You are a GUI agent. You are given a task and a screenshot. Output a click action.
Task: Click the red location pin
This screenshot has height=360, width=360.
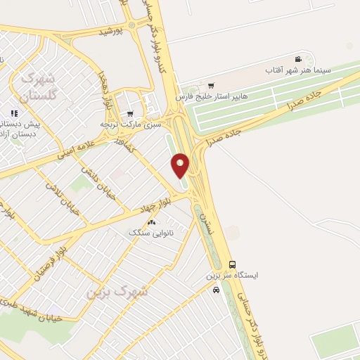click(180, 165)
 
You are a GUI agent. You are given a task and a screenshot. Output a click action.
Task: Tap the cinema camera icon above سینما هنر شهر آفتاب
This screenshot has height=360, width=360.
click(299, 59)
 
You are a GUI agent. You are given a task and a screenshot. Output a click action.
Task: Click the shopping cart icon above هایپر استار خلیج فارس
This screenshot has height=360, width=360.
click(211, 85)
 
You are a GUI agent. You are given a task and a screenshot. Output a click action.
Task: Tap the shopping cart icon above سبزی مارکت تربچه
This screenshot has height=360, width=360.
click(130, 113)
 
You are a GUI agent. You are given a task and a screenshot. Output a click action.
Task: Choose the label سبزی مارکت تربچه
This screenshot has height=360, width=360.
click(131, 124)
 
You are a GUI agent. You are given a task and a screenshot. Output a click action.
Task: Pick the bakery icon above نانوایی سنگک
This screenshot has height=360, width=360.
click(151, 221)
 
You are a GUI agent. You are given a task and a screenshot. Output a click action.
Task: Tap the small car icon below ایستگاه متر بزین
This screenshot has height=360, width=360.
click(216, 289)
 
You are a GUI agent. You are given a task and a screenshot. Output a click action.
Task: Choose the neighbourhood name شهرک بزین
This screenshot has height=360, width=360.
click(117, 290)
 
